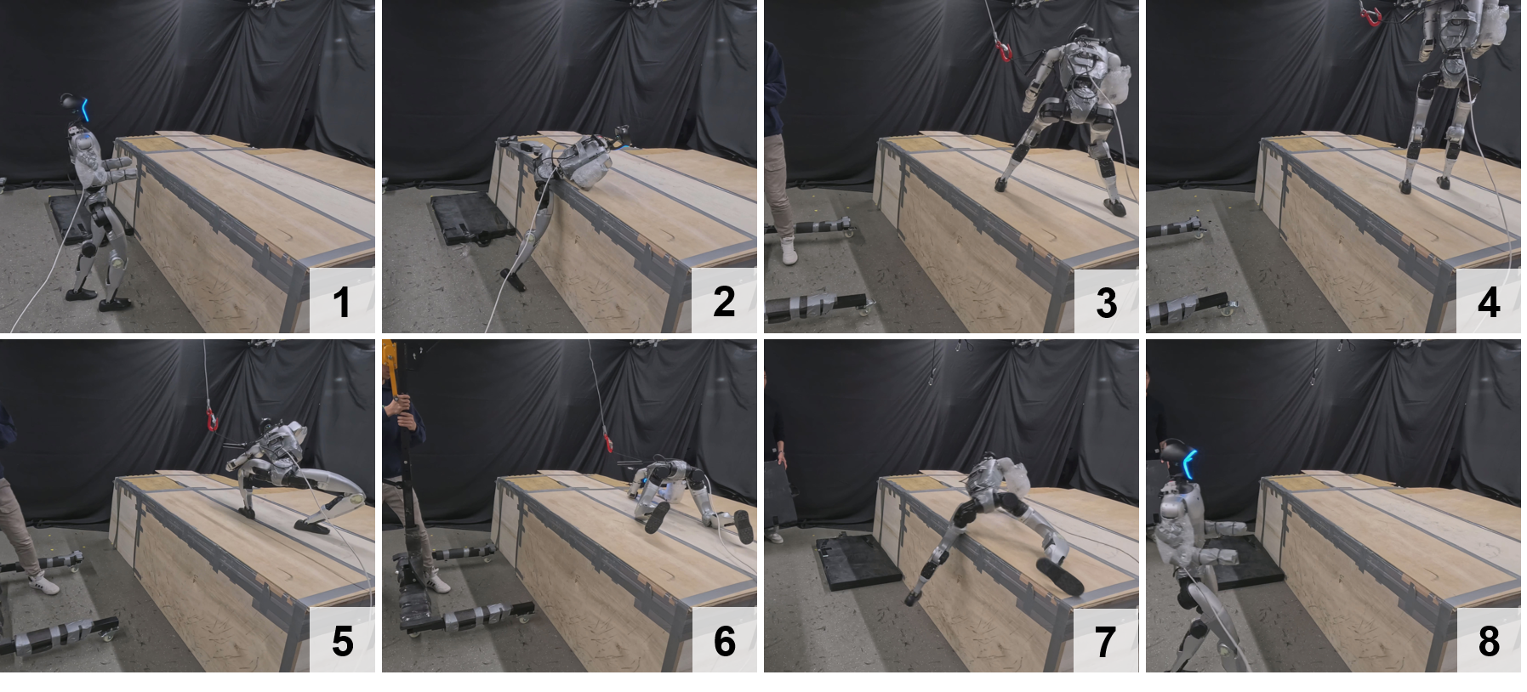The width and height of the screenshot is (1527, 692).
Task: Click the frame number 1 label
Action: pyautogui.click(x=342, y=302)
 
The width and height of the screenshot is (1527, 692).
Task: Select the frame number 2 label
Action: pyautogui.click(x=724, y=302)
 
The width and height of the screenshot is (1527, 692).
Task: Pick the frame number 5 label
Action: pyautogui.click(x=342, y=641)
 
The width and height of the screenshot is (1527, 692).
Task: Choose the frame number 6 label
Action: pyautogui.click(x=724, y=641)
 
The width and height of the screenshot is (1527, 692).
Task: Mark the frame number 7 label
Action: pyautogui.click(x=1106, y=641)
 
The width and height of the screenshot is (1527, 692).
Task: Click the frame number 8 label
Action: pyautogui.click(x=1488, y=641)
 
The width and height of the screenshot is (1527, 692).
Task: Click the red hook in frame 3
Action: pyautogui.click(x=1004, y=52)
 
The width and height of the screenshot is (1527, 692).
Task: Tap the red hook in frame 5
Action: pyautogui.click(x=210, y=419)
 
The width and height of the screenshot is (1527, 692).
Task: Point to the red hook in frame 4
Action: pyautogui.click(x=1370, y=16)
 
